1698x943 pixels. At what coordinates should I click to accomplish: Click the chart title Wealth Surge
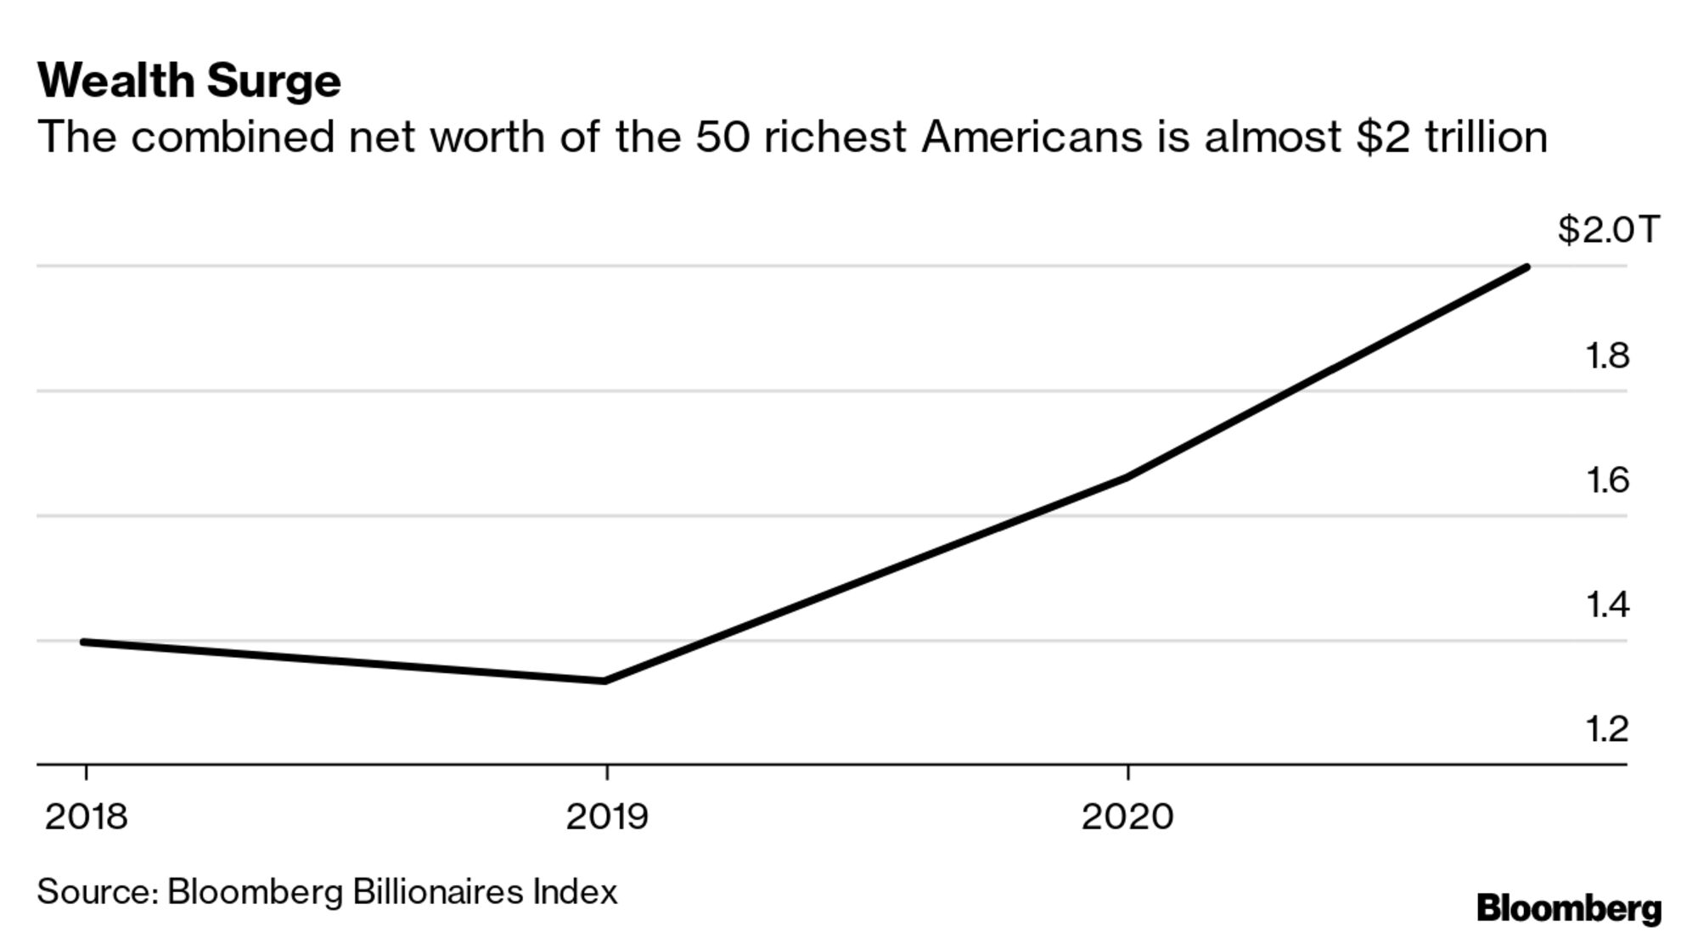(188, 81)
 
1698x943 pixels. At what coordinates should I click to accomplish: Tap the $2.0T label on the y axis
(1607, 230)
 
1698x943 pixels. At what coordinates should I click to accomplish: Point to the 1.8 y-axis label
(1607, 356)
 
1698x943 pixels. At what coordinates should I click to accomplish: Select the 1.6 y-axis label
(1607, 480)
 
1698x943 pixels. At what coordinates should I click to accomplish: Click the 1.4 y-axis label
(1607, 605)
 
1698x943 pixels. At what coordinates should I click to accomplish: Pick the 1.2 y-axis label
(1607, 730)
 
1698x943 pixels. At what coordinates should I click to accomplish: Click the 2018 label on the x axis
(86, 817)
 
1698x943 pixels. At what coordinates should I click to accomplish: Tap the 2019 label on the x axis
(606, 817)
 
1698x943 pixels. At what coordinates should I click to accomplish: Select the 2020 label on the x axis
(1127, 817)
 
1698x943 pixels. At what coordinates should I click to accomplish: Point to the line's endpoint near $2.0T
(1526, 268)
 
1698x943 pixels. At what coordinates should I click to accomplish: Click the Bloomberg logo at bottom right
(1568, 909)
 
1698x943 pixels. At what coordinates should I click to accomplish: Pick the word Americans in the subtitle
(1032, 138)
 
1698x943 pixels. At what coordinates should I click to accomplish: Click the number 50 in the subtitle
(723, 138)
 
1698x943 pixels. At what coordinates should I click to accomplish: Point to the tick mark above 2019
(606, 773)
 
